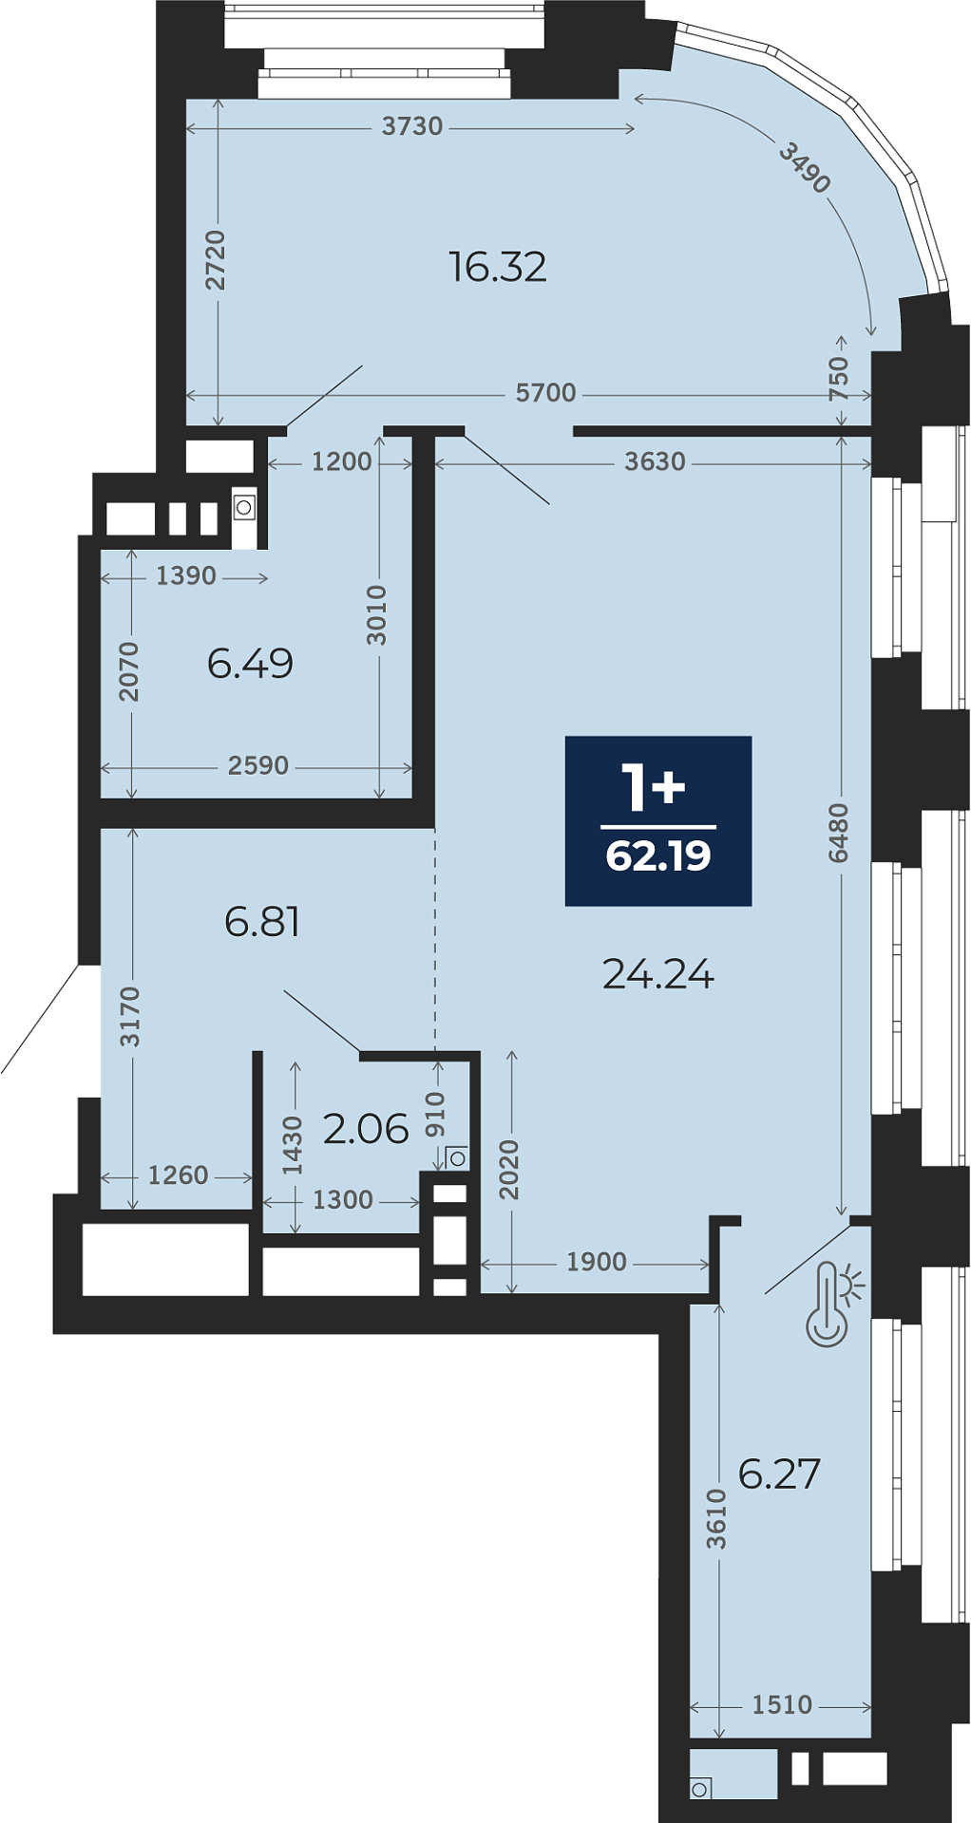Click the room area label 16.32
[498, 267]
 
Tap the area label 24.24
[658, 974]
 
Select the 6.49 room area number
[250, 663]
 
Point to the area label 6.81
[262, 921]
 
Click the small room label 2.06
[366, 1129]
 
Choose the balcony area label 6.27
[779, 1474]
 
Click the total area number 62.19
[658, 855]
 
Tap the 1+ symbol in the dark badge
[654, 786]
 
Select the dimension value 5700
[546, 393]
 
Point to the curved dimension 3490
[805, 167]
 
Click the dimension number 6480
[838, 833]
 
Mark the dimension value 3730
[412, 126]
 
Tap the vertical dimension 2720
[217, 259]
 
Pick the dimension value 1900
[597, 1262]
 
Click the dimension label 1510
[782, 1705]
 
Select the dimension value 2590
[258, 765]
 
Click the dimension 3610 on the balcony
[716, 1519]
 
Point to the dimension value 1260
[178, 1175]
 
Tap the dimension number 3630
[655, 461]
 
